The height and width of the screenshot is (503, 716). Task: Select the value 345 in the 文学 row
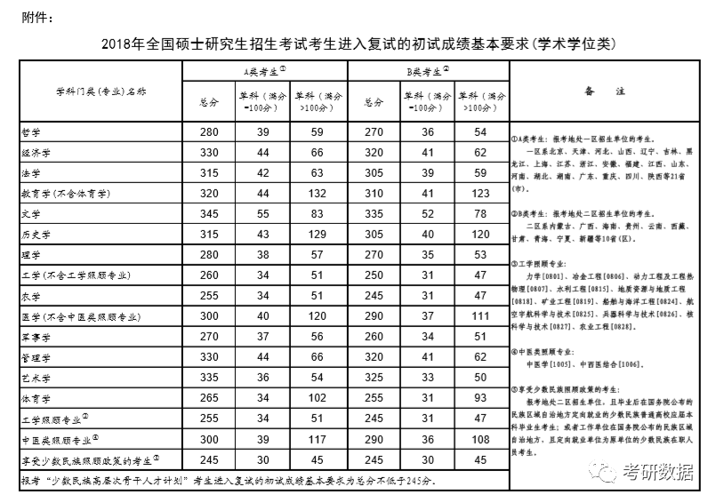pyautogui.click(x=210, y=214)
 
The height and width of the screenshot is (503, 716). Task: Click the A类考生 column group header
pyautogui.click(x=264, y=70)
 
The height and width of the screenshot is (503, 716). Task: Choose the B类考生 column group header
pyautogui.click(x=427, y=70)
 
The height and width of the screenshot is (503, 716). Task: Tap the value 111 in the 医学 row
pyautogui.click(x=480, y=316)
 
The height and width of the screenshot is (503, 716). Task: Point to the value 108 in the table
pyautogui.click(x=480, y=440)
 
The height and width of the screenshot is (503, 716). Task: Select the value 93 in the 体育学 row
pyautogui.click(x=480, y=398)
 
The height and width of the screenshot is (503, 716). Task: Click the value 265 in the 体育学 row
pyautogui.click(x=210, y=398)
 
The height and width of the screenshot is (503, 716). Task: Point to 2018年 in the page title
pyautogui.click(x=123, y=43)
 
